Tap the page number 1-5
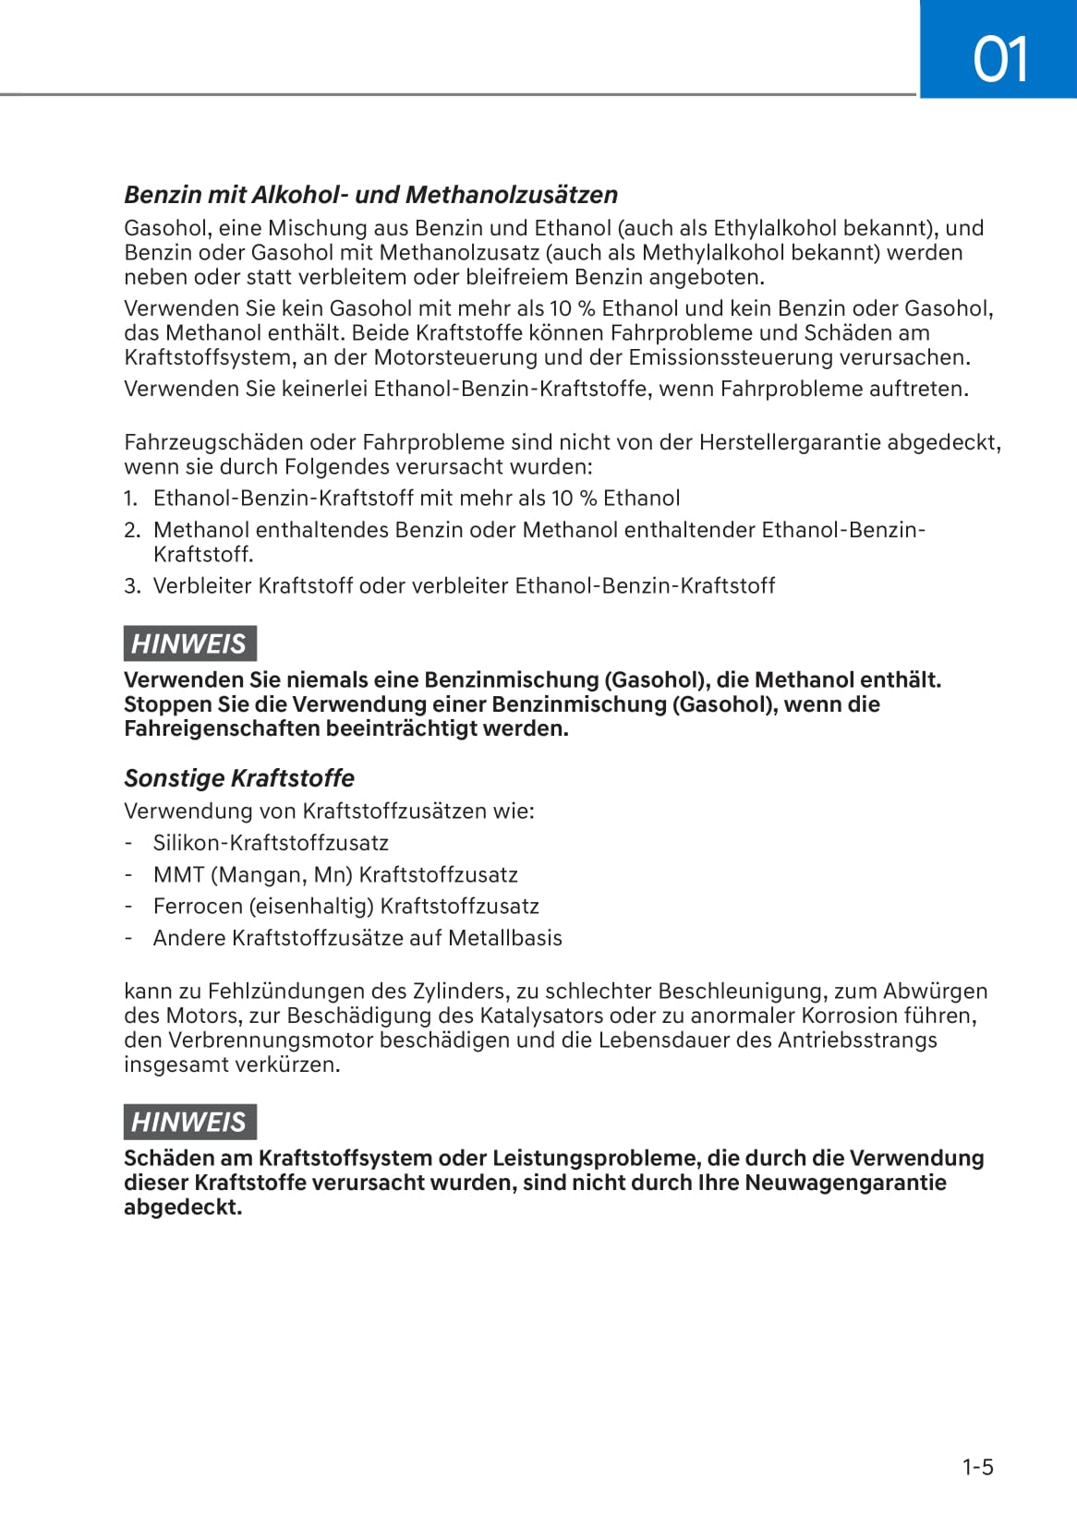click(x=977, y=1467)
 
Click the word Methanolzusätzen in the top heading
click(x=512, y=195)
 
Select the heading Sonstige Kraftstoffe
click(x=239, y=778)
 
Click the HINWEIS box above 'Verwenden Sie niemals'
click(x=189, y=643)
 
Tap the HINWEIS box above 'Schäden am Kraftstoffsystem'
click(x=189, y=1122)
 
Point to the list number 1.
click(x=130, y=499)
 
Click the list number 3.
click(x=132, y=585)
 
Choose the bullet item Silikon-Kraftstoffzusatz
click(x=271, y=843)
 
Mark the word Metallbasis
click(x=505, y=938)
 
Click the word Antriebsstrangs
click(x=857, y=1040)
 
